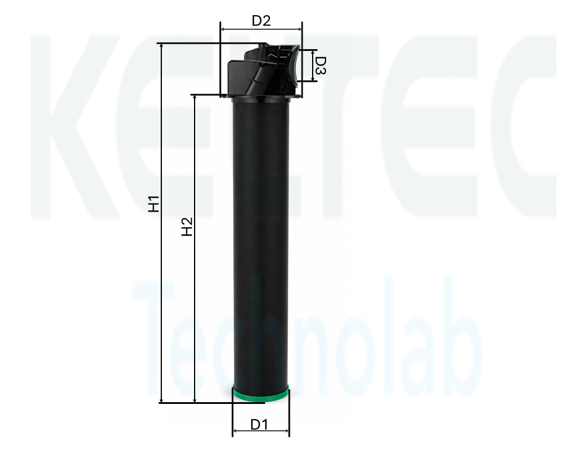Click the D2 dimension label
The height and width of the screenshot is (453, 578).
coord(261,20)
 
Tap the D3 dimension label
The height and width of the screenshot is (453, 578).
coord(321,65)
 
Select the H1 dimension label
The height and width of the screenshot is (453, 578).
coord(154,204)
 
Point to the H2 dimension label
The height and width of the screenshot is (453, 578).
coord(188,227)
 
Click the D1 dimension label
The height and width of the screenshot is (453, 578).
coord(259,424)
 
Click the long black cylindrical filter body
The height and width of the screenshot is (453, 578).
coord(261,243)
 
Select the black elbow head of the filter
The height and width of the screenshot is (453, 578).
coord(264,70)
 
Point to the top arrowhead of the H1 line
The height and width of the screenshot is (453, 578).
coord(161,47)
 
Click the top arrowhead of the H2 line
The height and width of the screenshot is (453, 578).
coord(195,98)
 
